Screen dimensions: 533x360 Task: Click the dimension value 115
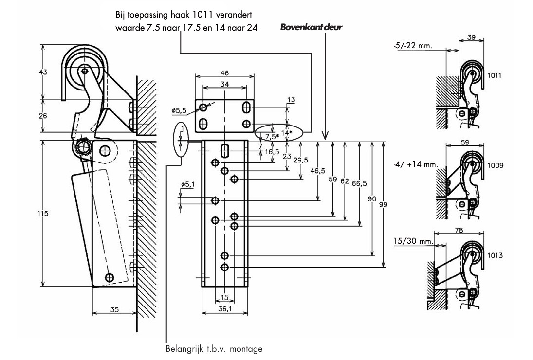coord(43,213)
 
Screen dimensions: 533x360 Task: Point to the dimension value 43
coord(43,72)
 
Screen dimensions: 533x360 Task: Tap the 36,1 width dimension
coord(225,309)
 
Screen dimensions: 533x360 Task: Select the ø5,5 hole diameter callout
coord(179,110)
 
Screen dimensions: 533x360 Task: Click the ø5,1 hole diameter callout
coord(188,184)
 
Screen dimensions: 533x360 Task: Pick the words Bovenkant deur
coord(311,27)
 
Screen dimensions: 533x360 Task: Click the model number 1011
coord(494,75)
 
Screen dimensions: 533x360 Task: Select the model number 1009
coord(495,165)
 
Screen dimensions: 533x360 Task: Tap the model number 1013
coord(495,255)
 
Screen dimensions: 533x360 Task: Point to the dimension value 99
coord(383,204)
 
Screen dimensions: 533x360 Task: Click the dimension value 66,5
coord(359,183)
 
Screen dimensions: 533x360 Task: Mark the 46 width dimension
coord(225,72)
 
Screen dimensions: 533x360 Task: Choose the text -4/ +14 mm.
coord(415,164)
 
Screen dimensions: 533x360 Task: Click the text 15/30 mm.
coord(413,241)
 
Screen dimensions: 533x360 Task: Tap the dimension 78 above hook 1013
coord(459,230)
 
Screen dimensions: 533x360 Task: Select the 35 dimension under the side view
coord(114,309)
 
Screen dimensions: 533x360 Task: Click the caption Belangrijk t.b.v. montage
coord(214,349)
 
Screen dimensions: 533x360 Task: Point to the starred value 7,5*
coord(272,137)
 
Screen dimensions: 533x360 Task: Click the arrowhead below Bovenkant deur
coord(325,136)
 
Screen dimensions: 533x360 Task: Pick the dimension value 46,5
coord(317,171)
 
